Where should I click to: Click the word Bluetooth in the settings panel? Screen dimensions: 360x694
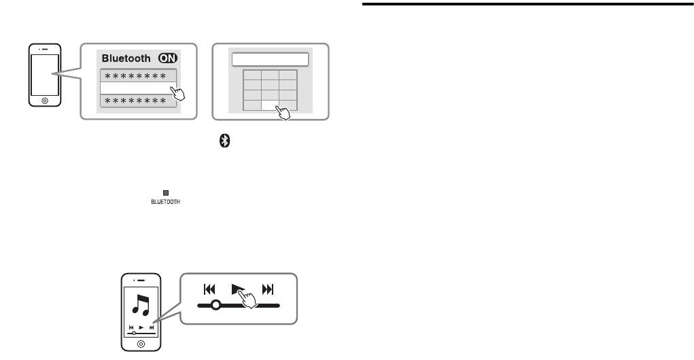(x=126, y=58)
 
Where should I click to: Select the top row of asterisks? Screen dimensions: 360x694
(x=139, y=75)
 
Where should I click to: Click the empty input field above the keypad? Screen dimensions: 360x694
(x=271, y=59)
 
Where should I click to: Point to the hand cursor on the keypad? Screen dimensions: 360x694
(x=285, y=111)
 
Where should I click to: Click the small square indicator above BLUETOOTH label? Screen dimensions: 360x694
(x=164, y=194)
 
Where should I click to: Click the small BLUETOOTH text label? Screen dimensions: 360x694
(x=164, y=201)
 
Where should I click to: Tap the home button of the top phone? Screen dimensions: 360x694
(x=44, y=99)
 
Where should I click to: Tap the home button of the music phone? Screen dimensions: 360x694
(x=141, y=344)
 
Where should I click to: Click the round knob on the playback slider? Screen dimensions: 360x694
(x=215, y=305)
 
